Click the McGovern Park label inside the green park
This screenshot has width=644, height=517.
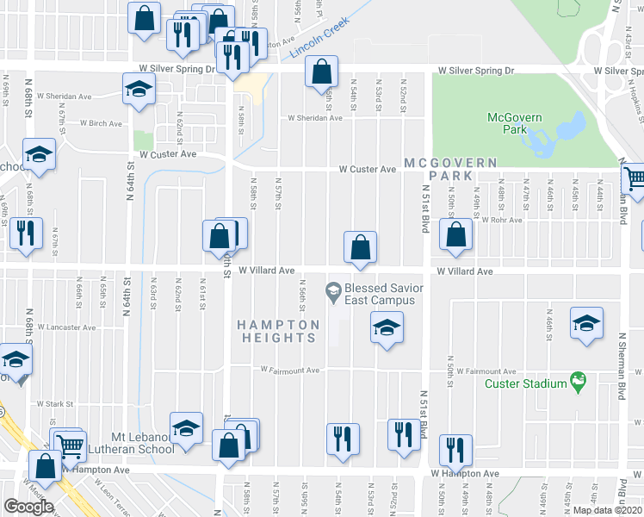point(506,123)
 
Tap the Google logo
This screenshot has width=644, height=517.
point(28,507)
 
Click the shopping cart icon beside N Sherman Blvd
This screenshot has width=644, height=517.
point(635,179)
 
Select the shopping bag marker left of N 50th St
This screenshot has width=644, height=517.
point(455,234)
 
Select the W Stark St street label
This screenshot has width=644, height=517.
point(56,403)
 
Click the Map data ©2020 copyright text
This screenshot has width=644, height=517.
point(608,510)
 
